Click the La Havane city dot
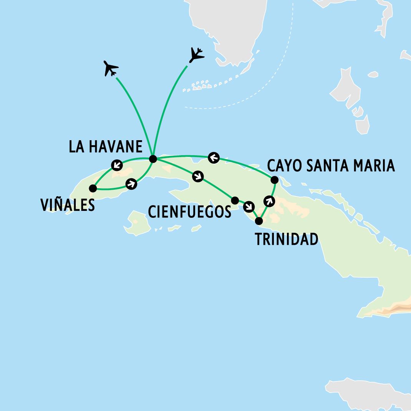click(x=153, y=159)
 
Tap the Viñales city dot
click(x=93, y=188)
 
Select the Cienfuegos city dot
click(x=235, y=200)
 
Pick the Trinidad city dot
click(x=259, y=221)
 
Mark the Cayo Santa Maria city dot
click(x=274, y=179)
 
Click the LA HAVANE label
click(x=106, y=147)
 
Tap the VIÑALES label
click(x=68, y=205)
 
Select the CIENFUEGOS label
click(x=189, y=212)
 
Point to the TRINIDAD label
click(x=287, y=240)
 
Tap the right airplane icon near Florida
click(x=197, y=55)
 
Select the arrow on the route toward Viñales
click(x=116, y=165)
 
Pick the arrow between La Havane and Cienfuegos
click(x=198, y=176)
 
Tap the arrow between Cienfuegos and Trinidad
click(x=249, y=207)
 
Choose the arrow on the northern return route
click(x=214, y=157)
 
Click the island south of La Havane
click(x=137, y=224)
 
